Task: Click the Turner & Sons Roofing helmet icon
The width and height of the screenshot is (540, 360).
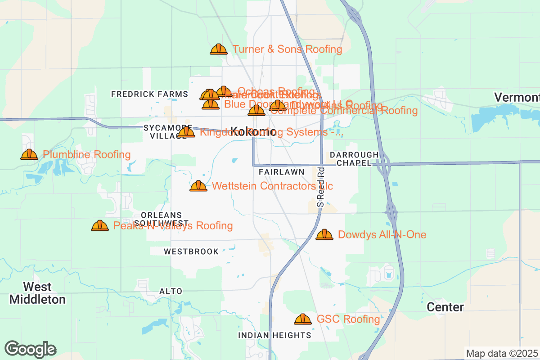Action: click(x=219, y=49)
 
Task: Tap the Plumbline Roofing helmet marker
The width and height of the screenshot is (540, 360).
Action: click(x=29, y=155)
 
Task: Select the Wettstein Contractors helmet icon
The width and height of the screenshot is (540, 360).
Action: click(x=198, y=186)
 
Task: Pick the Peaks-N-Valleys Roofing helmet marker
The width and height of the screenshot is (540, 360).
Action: click(x=100, y=225)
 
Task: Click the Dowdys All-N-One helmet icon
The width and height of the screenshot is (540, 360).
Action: click(x=324, y=234)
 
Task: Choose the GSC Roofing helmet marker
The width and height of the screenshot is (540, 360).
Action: click(x=303, y=319)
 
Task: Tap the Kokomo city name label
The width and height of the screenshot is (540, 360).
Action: click(x=253, y=132)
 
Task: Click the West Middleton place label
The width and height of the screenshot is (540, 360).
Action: click(x=37, y=293)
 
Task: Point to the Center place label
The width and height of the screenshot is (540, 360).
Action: click(x=445, y=307)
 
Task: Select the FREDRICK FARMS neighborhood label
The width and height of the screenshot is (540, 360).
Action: click(x=149, y=94)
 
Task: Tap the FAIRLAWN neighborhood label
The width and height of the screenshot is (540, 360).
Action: click(x=282, y=172)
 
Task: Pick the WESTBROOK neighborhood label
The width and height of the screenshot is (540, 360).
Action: click(x=191, y=252)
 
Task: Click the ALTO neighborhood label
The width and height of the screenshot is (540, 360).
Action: click(x=171, y=291)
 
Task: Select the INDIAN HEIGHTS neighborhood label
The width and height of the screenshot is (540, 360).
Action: click(x=274, y=335)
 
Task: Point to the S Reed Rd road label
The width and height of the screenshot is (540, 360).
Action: click(x=320, y=187)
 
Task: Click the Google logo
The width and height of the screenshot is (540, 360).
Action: click(x=30, y=349)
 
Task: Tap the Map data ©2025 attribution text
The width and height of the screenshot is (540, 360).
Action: click(x=501, y=353)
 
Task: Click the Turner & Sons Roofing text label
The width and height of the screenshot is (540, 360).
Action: click(x=287, y=49)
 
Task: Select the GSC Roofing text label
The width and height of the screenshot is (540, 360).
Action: click(x=348, y=319)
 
